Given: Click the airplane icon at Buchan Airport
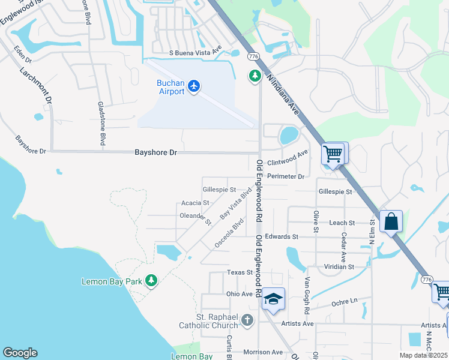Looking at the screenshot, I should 193,86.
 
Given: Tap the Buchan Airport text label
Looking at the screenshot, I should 170,87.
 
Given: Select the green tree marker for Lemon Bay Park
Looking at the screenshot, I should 151,280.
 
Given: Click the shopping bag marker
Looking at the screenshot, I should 391,221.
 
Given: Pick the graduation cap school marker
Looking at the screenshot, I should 273,299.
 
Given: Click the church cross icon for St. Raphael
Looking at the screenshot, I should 247,321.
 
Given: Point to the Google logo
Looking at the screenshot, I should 20,353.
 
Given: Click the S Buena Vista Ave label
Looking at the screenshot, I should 195,53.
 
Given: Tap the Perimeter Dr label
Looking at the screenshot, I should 286,176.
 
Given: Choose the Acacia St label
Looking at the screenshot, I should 194,203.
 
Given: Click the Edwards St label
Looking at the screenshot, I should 282,237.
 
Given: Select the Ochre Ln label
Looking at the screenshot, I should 345,300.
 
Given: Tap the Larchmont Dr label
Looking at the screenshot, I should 36,83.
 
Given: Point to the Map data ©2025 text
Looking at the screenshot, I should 424,355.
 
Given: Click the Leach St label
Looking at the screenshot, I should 343,223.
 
